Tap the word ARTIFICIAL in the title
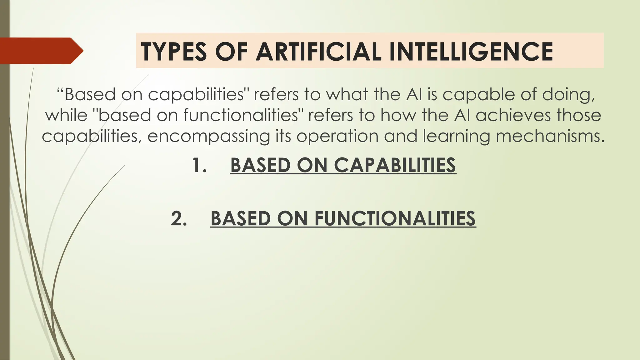[x=318, y=52]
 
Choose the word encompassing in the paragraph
[x=208, y=136]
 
